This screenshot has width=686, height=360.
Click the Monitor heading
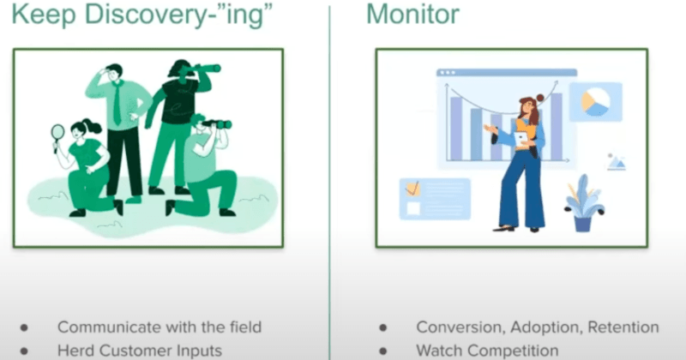(412, 15)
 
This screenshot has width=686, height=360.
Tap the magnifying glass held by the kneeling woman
(57, 133)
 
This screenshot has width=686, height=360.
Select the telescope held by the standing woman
(204, 69)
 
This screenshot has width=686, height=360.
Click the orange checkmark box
(413, 187)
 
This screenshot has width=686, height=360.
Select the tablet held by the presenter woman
(522, 139)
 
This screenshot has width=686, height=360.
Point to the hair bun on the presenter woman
(540, 98)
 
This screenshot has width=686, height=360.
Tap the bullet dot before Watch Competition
(383, 351)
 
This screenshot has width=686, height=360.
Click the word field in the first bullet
(243, 327)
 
